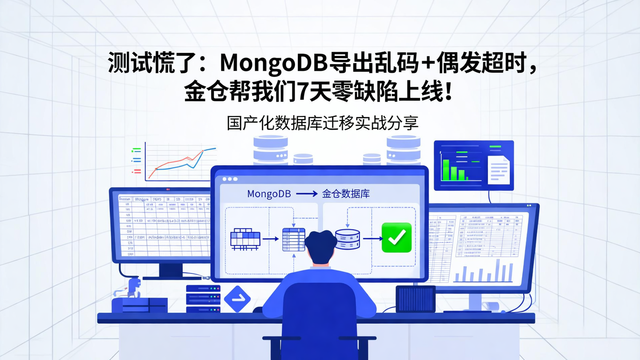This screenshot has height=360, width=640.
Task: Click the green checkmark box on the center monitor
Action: (396, 238)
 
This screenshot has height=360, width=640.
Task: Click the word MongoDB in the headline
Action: (274, 63)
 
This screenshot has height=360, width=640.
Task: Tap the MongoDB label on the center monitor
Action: (269, 194)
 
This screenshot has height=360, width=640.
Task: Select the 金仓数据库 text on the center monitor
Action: (346, 194)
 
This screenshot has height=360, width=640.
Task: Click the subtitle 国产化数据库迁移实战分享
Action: (323, 123)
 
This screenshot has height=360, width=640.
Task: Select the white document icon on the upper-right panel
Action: (499, 170)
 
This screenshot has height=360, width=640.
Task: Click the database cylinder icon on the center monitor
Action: (348, 239)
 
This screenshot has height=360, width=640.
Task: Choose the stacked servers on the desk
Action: (203, 298)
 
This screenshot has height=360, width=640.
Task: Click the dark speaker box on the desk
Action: (416, 299)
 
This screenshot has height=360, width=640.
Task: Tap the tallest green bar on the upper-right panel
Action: (445, 170)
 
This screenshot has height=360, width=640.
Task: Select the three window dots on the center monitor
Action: (229, 179)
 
